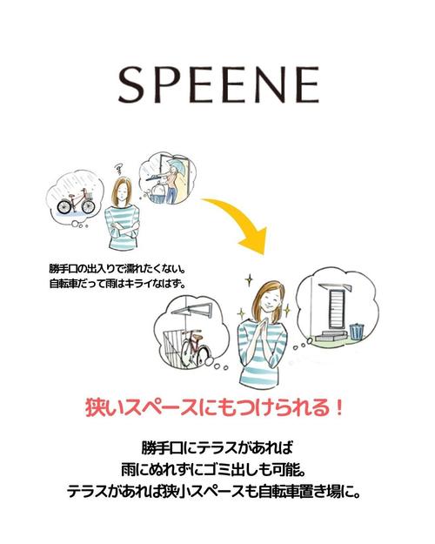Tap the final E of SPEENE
point(306,84)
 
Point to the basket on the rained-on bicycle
point(89,195)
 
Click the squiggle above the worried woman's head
point(120,170)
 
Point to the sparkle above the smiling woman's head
point(248,280)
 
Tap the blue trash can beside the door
point(357,332)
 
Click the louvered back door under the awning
point(335,309)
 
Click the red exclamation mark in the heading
point(339,408)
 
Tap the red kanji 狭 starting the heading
point(95,408)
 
